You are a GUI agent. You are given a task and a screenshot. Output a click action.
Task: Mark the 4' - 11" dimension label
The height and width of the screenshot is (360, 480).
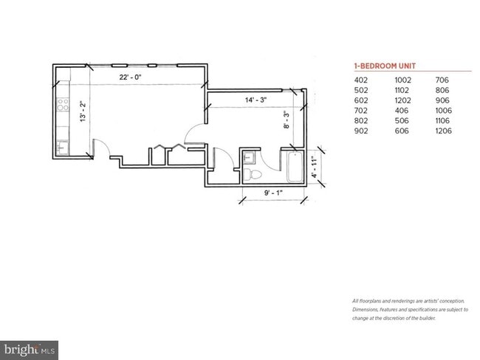point(313,167)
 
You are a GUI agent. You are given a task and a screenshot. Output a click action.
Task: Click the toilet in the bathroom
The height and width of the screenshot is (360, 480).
point(252,174)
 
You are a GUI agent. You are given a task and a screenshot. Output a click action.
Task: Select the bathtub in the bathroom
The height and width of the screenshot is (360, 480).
point(292,167)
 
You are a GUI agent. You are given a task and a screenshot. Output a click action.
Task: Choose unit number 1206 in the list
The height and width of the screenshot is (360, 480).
point(444,131)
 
